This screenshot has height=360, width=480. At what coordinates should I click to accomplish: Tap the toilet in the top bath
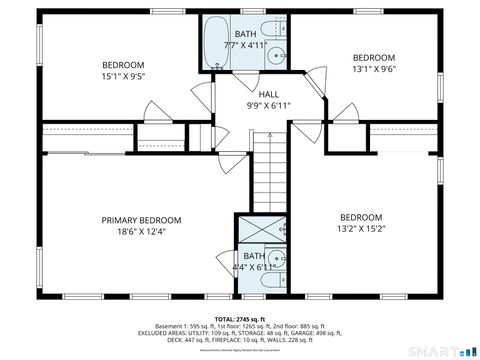point(273,28)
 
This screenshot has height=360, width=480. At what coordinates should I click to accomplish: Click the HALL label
point(269,94)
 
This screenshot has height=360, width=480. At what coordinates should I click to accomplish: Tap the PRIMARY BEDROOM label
point(141,220)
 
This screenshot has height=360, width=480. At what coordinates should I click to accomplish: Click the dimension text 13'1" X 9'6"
point(373,69)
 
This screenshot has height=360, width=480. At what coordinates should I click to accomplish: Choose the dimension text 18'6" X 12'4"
point(141,232)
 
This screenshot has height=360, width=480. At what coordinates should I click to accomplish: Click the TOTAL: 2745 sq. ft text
point(240,317)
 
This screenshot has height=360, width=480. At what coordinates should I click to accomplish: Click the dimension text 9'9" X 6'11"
point(269,105)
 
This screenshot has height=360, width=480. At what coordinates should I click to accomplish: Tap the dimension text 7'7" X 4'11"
point(245,45)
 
